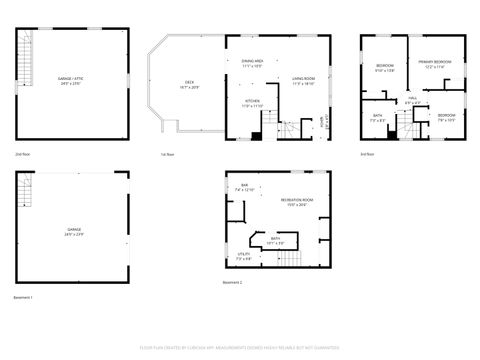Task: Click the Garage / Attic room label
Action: pos(68,80)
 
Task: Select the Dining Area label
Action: pos(252,64)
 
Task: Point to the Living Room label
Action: pos(303,81)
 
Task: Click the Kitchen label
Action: pos(253,103)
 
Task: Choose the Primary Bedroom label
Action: pos(434,64)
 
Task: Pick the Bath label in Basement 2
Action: pos(276,241)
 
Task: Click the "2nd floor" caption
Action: pos(22,154)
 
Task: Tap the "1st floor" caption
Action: pos(167,154)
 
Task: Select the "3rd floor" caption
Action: pos(368,154)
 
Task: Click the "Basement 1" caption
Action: pos(24,298)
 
